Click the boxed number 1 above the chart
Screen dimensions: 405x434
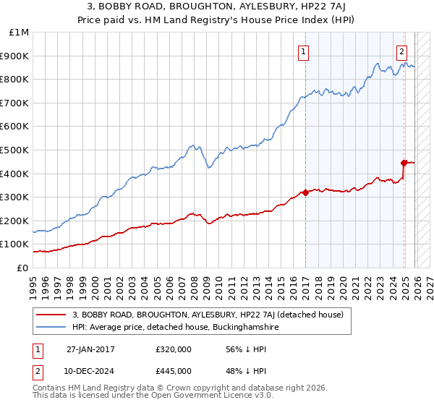303,51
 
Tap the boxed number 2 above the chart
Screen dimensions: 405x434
401,51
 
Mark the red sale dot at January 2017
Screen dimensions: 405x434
306,192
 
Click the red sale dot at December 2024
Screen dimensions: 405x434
404,163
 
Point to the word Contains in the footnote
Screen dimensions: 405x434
50,389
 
